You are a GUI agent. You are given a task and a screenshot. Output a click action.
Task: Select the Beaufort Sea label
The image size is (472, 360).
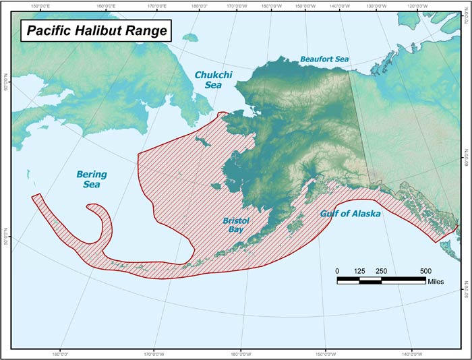pos(324,59)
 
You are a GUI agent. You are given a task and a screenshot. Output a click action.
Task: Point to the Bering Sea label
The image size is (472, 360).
pos(91,179)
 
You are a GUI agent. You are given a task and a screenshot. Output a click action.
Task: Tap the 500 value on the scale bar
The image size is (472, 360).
pos(426,270)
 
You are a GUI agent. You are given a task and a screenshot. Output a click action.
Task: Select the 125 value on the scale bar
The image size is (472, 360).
pos(359,270)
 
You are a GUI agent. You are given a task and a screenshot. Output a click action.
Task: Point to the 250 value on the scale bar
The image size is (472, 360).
pos(382,270)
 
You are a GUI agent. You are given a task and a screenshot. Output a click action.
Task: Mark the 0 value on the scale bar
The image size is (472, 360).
pos(337,270)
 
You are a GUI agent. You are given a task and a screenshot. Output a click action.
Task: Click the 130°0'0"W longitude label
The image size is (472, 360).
pos(378,5)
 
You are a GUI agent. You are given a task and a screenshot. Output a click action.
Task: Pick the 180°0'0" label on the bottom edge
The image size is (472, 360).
pos(60,354)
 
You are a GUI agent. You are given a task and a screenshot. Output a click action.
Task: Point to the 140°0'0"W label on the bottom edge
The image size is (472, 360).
pos(412,354)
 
